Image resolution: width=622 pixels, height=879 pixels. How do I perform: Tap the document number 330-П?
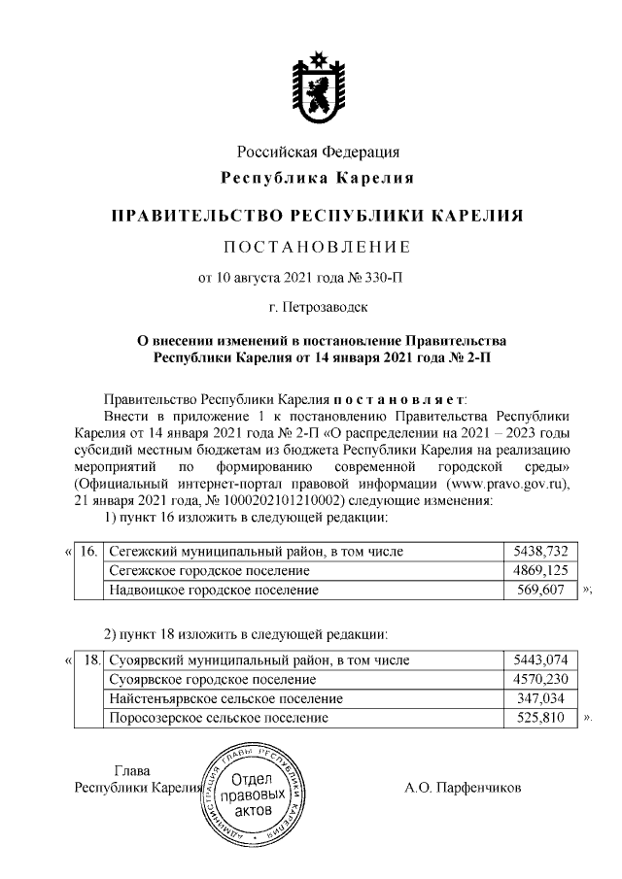381,278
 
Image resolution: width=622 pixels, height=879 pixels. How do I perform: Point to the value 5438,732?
546,552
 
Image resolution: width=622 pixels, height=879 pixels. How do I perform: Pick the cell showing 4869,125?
546,570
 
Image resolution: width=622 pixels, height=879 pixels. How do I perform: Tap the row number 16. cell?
87,552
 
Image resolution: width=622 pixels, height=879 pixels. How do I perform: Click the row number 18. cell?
90,661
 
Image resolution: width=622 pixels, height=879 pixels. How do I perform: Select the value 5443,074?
546,661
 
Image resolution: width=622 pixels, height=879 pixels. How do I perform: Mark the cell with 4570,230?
546,680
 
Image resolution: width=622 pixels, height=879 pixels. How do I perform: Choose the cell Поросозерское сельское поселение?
219,718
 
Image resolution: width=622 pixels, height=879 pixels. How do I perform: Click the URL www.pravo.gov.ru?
504,485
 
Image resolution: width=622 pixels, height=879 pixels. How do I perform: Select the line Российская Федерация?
318,152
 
